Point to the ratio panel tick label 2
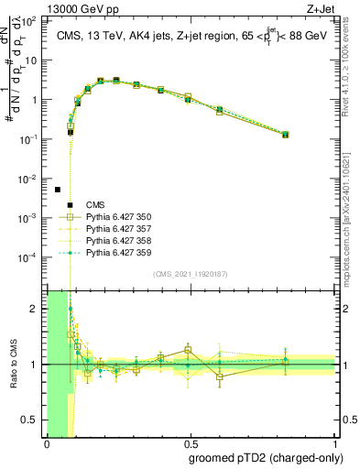[36, 309]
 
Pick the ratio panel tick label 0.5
[32, 421]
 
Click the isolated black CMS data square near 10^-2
[58, 190]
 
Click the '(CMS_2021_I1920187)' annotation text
[190, 274]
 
